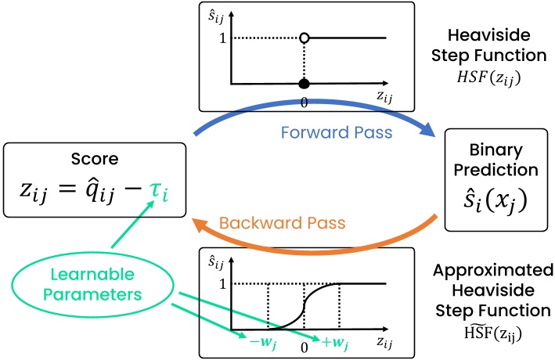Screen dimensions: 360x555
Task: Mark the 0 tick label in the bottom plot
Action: [x=302, y=344]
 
